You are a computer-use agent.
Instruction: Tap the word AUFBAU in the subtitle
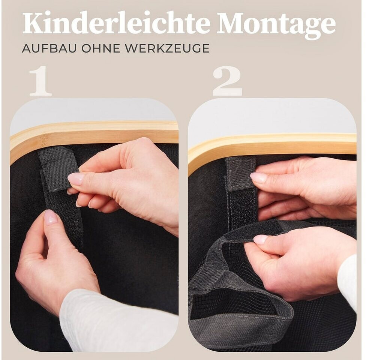49,48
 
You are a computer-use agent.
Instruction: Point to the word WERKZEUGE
167,48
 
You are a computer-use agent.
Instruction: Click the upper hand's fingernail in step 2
258,177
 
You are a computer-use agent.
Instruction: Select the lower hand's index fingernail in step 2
260,239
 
